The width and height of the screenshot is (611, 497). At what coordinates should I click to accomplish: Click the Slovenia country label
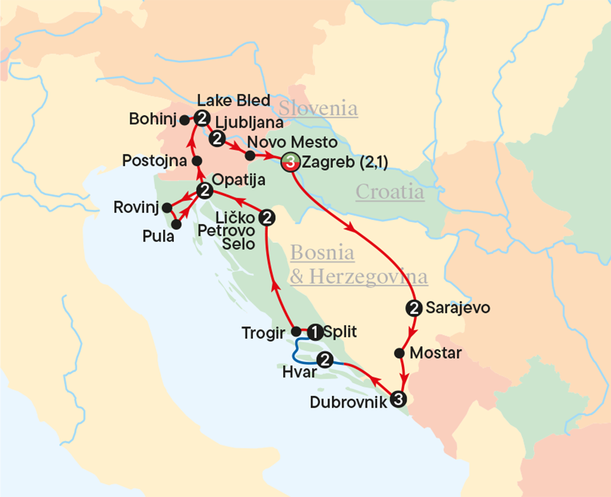pos(318,109)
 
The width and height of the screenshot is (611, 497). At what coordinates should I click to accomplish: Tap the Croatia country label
pos(390,192)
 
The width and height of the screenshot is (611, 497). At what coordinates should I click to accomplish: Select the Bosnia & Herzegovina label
pos(359,265)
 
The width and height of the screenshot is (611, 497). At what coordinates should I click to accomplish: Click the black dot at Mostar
pos(399,352)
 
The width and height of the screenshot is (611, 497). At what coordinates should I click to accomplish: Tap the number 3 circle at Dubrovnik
pos(399,399)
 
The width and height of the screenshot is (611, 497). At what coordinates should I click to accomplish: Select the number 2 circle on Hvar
pos(325,359)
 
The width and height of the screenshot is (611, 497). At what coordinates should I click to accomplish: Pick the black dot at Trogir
pos(296,331)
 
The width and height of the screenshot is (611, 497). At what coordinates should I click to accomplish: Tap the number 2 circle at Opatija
pos(205,190)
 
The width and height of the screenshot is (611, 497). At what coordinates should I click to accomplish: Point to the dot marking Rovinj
pos(167,207)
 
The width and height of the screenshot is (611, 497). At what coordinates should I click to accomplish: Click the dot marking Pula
pos(176,224)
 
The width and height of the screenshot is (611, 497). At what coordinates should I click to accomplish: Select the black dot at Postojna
pos(197,161)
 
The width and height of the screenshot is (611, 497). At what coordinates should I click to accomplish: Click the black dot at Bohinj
pos(184,120)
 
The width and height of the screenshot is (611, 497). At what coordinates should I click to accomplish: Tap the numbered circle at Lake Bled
pos(202,118)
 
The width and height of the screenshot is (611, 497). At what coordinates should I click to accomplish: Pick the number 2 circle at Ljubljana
pos(217,139)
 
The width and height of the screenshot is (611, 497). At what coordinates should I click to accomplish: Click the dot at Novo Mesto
pos(250,156)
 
